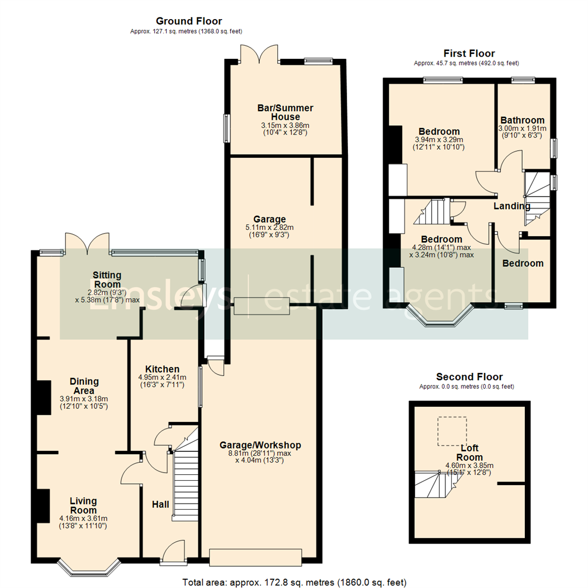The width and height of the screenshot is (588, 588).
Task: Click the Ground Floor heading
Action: pyautogui.click(x=188, y=21)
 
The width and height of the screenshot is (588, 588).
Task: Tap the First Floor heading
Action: pyautogui.click(x=469, y=53)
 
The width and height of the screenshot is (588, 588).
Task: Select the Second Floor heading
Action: pyautogui.click(x=469, y=377)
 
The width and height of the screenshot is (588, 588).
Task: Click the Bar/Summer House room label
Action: pyautogui.click(x=285, y=112)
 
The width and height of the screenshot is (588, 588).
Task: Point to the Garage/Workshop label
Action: pyautogui.click(x=260, y=445)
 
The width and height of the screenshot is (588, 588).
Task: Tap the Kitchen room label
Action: pyautogui.click(x=162, y=369)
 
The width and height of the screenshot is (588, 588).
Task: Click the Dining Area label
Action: pyautogui.click(x=84, y=386)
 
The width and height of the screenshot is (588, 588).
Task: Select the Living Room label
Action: pyautogui.click(x=83, y=505)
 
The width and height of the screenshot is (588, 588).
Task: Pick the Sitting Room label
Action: pyautogui.click(x=107, y=280)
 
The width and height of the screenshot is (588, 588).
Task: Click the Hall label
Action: pyautogui.click(x=161, y=504)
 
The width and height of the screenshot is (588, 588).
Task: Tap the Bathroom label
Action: pyautogui.click(x=522, y=120)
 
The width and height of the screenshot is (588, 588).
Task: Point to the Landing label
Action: pyautogui.click(x=511, y=206)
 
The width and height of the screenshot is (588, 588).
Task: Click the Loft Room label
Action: pyautogui.click(x=469, y=452)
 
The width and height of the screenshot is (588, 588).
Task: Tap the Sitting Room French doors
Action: pyautogui.click(x=87, y=243)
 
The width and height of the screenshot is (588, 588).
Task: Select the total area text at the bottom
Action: pyautogui.click(x=295, y=583)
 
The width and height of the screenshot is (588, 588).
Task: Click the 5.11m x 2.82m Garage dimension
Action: pyautogui.click(x=269, y=227)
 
